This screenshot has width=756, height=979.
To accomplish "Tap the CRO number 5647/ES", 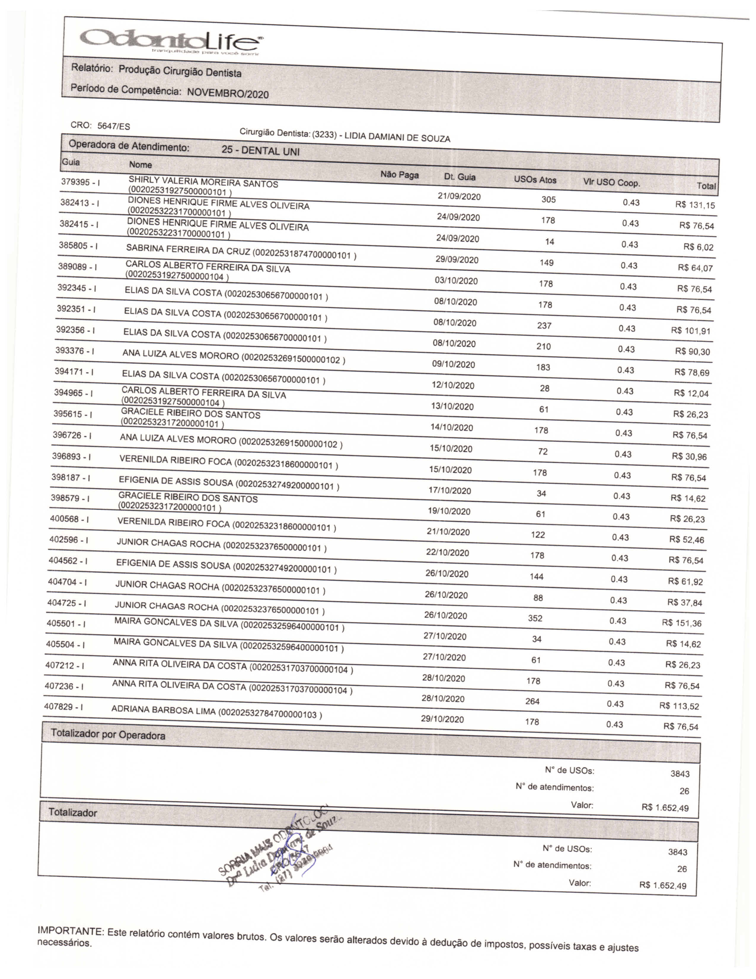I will click(x=114, y=126).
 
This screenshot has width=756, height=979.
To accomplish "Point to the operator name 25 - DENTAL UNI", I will click(x=260, y=151).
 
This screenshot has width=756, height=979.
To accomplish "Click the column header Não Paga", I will click(x=400, y=175).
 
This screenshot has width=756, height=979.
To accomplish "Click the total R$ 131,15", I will click(x=695, y=205).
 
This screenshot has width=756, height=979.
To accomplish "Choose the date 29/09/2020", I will click(x=457, y=260).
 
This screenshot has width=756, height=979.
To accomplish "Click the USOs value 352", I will click(x=535, y=618).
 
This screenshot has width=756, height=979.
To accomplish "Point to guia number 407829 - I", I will click(x=64, y=706).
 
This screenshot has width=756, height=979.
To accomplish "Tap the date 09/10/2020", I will click(x=453, y=364).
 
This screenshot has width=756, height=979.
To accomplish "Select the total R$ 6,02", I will click(x=698, y=247).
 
